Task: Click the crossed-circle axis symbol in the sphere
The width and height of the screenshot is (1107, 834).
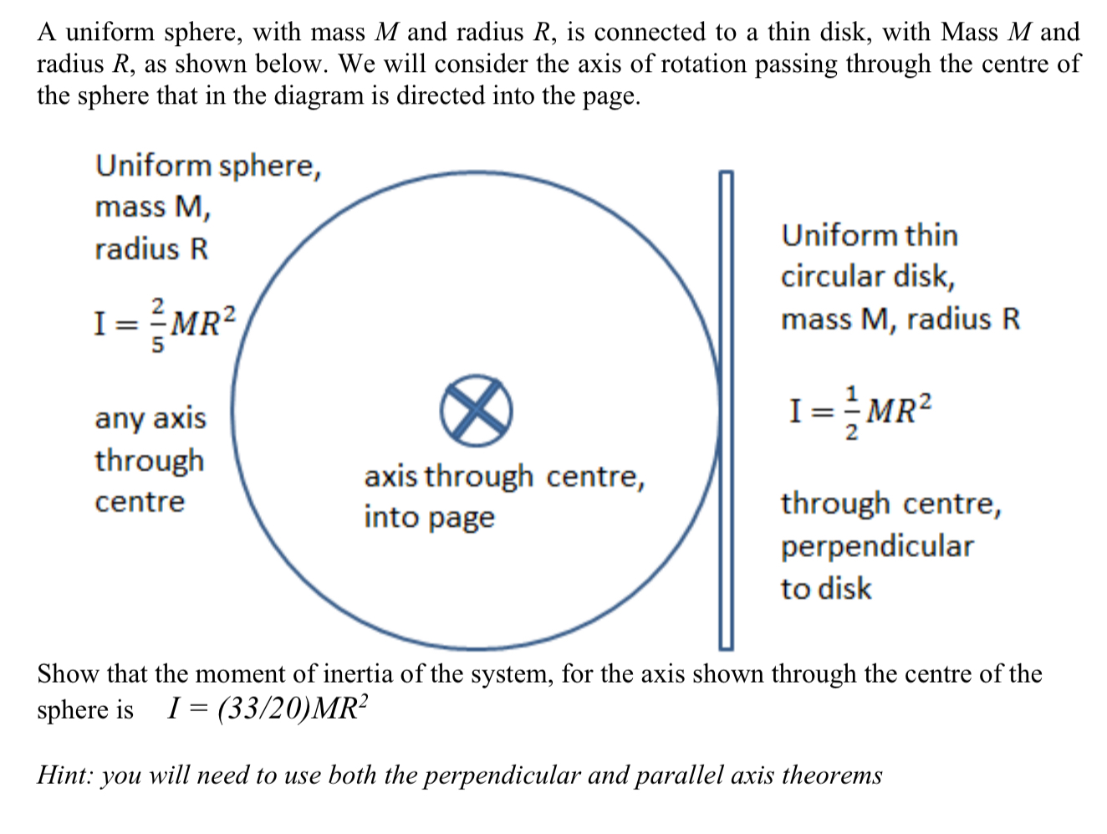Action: (x=476, y=410)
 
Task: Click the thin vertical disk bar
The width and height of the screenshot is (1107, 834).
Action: (x=726, y=410)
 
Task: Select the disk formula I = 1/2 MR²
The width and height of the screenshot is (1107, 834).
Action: (x=860, y=411)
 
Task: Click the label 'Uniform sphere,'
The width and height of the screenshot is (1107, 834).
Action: (x=208, y=166)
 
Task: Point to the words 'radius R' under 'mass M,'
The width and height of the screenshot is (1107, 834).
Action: (x=151, y=249)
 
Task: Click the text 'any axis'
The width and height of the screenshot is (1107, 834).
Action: (x=150, y=417)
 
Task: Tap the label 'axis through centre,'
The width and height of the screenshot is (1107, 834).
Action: (x=504, y=476)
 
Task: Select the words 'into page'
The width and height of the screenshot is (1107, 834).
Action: (x=429, y=518)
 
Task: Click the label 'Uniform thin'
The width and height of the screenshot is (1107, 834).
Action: (x=870, y=235)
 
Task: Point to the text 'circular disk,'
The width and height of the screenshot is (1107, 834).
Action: (x=867, y=277)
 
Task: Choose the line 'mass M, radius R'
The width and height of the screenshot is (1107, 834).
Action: (x=900, y=319)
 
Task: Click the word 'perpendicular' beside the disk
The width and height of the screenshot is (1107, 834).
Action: (x=877, y=546)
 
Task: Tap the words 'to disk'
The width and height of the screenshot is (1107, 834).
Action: (x=826, y=588)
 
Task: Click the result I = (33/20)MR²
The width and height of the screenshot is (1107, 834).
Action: (x=268, y=709)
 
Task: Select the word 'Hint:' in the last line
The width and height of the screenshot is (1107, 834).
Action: (x=64, y=775)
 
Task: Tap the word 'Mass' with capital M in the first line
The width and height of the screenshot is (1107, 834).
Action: (x=971, y=32)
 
